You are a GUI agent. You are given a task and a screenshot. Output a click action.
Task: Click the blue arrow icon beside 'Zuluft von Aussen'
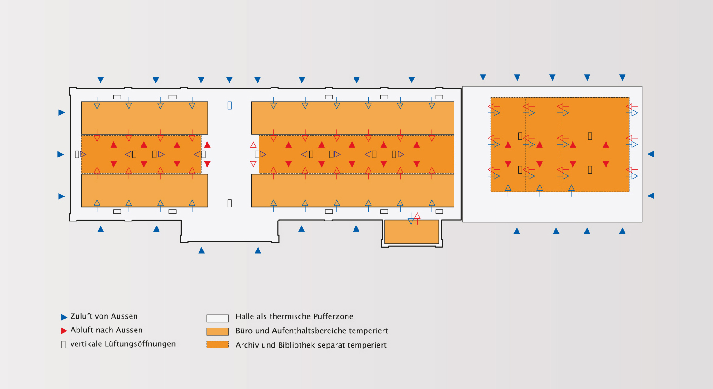64,317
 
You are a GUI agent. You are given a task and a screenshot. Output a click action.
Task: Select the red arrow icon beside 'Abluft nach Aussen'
64,331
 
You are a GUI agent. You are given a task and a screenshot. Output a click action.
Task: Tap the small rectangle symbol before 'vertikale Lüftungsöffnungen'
64,344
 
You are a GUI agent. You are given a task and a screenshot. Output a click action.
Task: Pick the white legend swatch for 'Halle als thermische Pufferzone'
218,318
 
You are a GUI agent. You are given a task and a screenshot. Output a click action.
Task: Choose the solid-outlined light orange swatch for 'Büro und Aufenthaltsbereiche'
218,331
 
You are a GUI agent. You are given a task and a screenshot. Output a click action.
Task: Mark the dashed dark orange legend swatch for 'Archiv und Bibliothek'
218,345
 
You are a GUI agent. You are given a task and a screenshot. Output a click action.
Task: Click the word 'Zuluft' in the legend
81,316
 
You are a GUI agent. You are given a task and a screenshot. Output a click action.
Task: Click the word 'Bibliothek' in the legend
298,345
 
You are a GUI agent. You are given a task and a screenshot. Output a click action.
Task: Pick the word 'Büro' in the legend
244,331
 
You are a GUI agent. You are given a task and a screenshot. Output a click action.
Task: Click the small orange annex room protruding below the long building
412,232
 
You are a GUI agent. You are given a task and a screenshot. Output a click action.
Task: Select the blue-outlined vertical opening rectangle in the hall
230,105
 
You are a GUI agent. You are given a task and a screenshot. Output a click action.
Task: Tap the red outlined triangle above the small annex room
418,216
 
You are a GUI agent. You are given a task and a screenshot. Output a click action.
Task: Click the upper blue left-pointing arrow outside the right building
651,154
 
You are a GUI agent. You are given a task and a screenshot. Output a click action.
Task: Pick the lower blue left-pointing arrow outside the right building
651,196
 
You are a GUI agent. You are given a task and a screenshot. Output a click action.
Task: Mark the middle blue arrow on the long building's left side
60,154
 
